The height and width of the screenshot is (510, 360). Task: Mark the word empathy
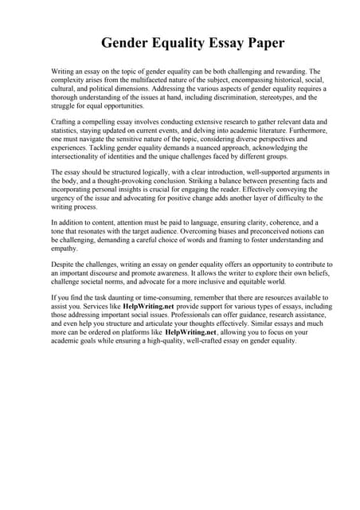(x=66, y=248)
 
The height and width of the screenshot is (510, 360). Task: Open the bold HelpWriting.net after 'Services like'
(x=149, y=306)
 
